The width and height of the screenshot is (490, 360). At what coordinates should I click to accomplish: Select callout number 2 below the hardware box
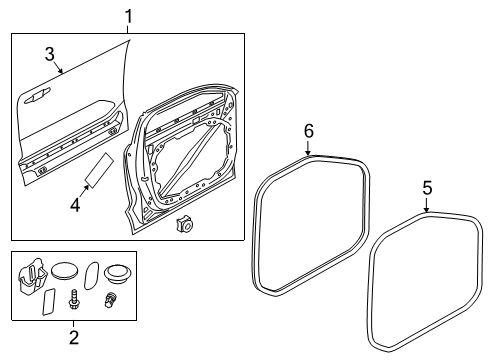click(73, 337)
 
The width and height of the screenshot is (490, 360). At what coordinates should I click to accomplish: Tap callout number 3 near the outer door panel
click(49, 53)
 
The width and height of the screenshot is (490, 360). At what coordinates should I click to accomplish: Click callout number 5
click(427, 186)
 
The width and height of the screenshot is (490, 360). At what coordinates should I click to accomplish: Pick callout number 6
click(308, 131)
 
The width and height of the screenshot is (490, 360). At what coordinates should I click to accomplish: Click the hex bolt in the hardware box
click(73, 298)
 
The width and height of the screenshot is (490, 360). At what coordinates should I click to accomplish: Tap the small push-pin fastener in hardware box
click(111, 298)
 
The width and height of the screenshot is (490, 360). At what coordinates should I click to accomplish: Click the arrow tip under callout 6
click(308, 155)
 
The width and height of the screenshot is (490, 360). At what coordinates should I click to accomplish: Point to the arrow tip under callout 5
click(427, 212)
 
